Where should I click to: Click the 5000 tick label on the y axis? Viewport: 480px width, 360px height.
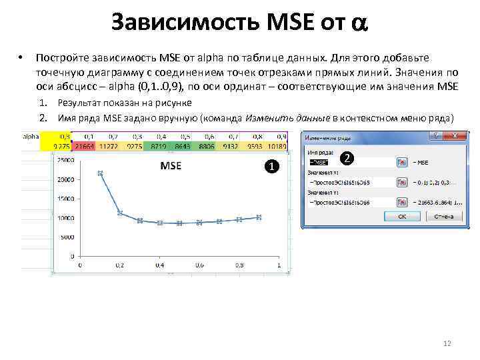point(67,237)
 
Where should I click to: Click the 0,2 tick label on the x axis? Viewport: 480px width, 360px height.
point(120,266)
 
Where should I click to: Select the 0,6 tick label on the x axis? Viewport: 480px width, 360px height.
point(199,266)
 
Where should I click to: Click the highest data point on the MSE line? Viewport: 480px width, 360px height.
point(101,173)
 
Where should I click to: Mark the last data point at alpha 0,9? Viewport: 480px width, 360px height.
point(259,217)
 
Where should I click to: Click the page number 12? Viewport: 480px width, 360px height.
point(447,343)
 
